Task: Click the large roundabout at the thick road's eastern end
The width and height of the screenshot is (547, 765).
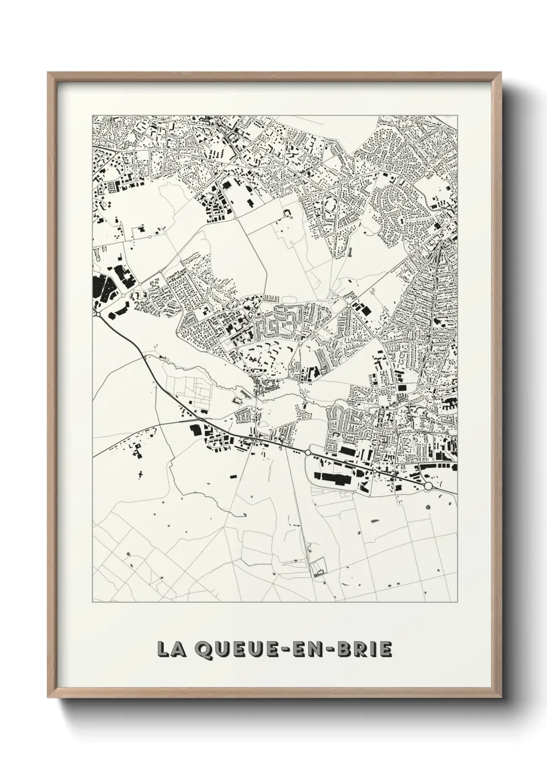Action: coord(428,486)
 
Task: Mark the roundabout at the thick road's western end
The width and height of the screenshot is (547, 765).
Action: coord(97,313)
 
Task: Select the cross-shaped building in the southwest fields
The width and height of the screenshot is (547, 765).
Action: coord(141,472)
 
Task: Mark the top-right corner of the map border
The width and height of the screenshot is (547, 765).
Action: coord(458,115)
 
